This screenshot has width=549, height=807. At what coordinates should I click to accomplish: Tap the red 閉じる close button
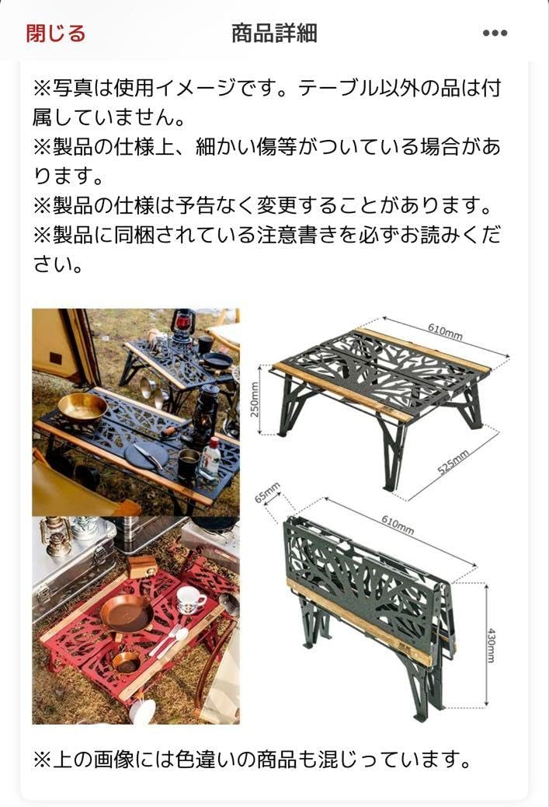(x=55, y=33)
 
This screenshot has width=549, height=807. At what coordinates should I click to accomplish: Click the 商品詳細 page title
(x=274, y=33)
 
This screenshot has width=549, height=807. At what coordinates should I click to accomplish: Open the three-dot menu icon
(x=495, y=33)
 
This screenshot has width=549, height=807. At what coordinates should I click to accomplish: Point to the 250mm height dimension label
(x=255, y=400)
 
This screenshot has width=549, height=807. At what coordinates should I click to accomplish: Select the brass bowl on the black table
(x=82, y=407)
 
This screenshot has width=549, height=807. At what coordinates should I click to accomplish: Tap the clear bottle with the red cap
(x=210, y=459)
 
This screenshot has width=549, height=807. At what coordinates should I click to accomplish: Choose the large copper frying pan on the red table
(x=127, y=613)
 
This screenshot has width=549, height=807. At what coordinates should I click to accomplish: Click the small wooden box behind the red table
(x=142, y=565)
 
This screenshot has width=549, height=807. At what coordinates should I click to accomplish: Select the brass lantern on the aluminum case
(x=56, y=537)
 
